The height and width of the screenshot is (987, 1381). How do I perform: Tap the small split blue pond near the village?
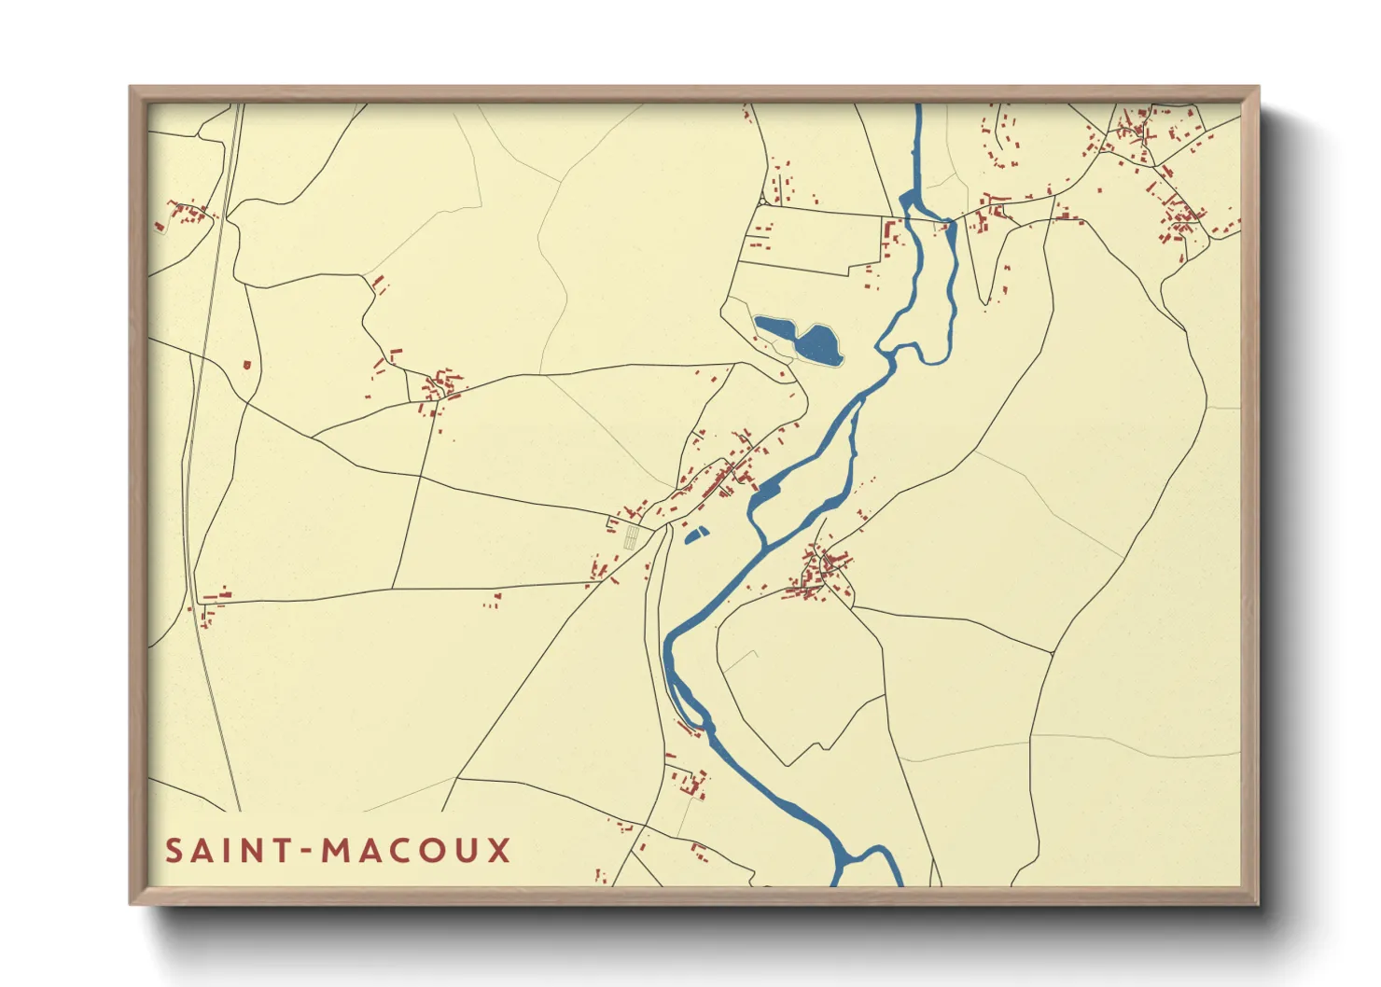(696, 535)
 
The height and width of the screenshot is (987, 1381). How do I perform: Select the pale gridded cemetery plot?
(632, 535)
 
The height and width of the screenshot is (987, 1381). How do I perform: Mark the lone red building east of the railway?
(247, 365)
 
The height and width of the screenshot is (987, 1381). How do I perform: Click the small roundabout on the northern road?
(763, 201)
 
